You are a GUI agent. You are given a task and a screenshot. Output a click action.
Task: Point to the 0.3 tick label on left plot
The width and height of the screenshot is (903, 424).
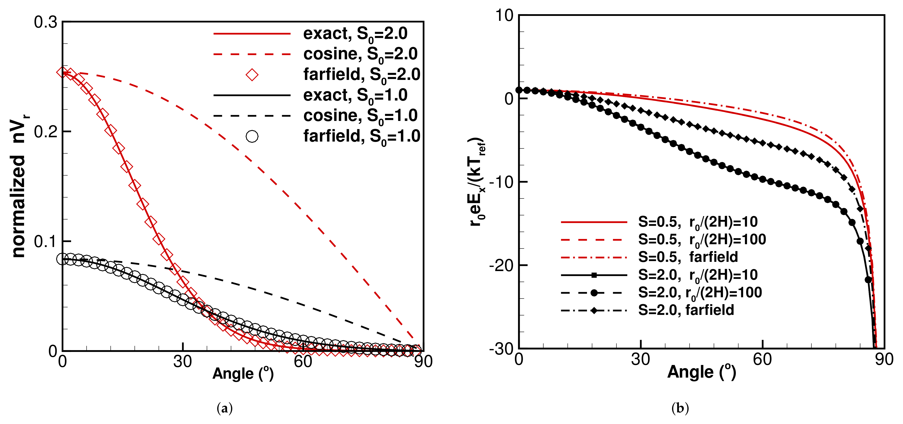46,22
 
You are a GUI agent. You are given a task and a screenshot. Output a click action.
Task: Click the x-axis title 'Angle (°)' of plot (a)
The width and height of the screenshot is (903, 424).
243,374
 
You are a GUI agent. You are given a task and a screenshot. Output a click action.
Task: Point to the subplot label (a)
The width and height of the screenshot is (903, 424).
225,408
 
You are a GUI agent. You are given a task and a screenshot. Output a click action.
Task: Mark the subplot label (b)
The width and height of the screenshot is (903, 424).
680,408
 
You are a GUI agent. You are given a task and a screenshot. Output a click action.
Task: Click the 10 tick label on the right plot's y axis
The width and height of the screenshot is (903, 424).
504,15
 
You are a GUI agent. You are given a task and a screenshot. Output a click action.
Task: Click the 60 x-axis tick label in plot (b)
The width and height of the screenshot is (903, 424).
762,360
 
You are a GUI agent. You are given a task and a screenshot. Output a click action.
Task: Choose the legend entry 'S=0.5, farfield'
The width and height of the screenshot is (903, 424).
688,257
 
